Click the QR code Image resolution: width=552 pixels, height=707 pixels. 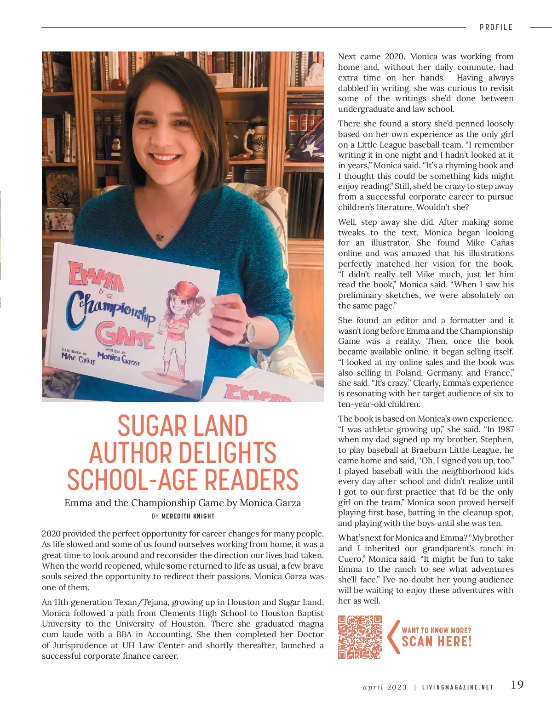(360, 637)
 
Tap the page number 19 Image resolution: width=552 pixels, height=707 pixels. (517, 685)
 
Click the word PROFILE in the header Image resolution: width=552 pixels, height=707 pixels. (496, 27)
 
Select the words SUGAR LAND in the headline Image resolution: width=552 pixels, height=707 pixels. (183, 426)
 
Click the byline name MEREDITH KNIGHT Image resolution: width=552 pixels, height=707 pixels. (188, 516)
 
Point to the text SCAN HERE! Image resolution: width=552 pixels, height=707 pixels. (437, 642)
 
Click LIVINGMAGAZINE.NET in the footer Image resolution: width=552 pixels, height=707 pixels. (458, 688)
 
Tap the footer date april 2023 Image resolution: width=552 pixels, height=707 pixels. (385, 688)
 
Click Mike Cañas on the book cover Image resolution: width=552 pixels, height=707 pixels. (78, 358)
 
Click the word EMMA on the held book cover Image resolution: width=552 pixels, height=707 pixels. (96, 276)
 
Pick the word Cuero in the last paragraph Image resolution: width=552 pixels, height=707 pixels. (351, 559)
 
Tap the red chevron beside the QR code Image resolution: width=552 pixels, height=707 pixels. (393, 637)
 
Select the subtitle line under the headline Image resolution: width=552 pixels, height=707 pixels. (183, 503)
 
